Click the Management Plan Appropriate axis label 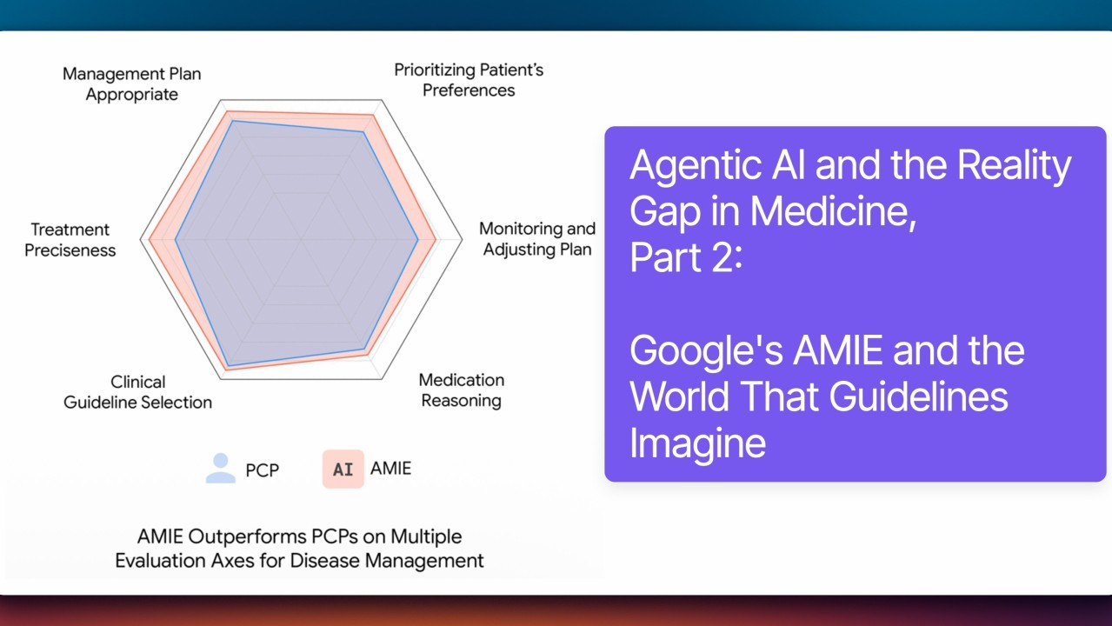pyautogui.click(x=131, y=83)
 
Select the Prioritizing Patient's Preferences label pyautogui.click(x=469, y=80)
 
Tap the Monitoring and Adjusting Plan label pyautogui.click(x=537, y=239)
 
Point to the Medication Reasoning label pyautogui.click(x=461, y=390)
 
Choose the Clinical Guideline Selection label pyautogui.click(x=137, y=392)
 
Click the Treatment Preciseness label pyautogui.click(x=70, y=240)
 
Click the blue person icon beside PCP pyautogui.click(x=221, y=468)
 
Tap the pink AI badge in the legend pyautogui.click(x=343, y=469)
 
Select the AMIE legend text pyautogui.click(x=390, y=468)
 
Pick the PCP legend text pyautogui.click(x=262, y=470)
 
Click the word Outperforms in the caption pyautogui.click(x=244, y=537)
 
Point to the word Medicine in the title pyautogui.click(x=833, y=211)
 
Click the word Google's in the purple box pyautogui.click(x=706, y=351)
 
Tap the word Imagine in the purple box pyautogui.click(x=697, y=443)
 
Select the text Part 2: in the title pyautogui.click(x=686, y=257)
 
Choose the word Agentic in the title pyautogui.click(x=696, y=166)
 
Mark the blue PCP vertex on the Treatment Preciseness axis pyautogui.click(x=176, y=240)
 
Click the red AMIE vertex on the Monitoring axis pyautogui.click(x=436, y=240)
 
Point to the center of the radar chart pyautogui.click(x=301, y=240)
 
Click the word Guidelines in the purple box pyautogui.click(x=918, y=396)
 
